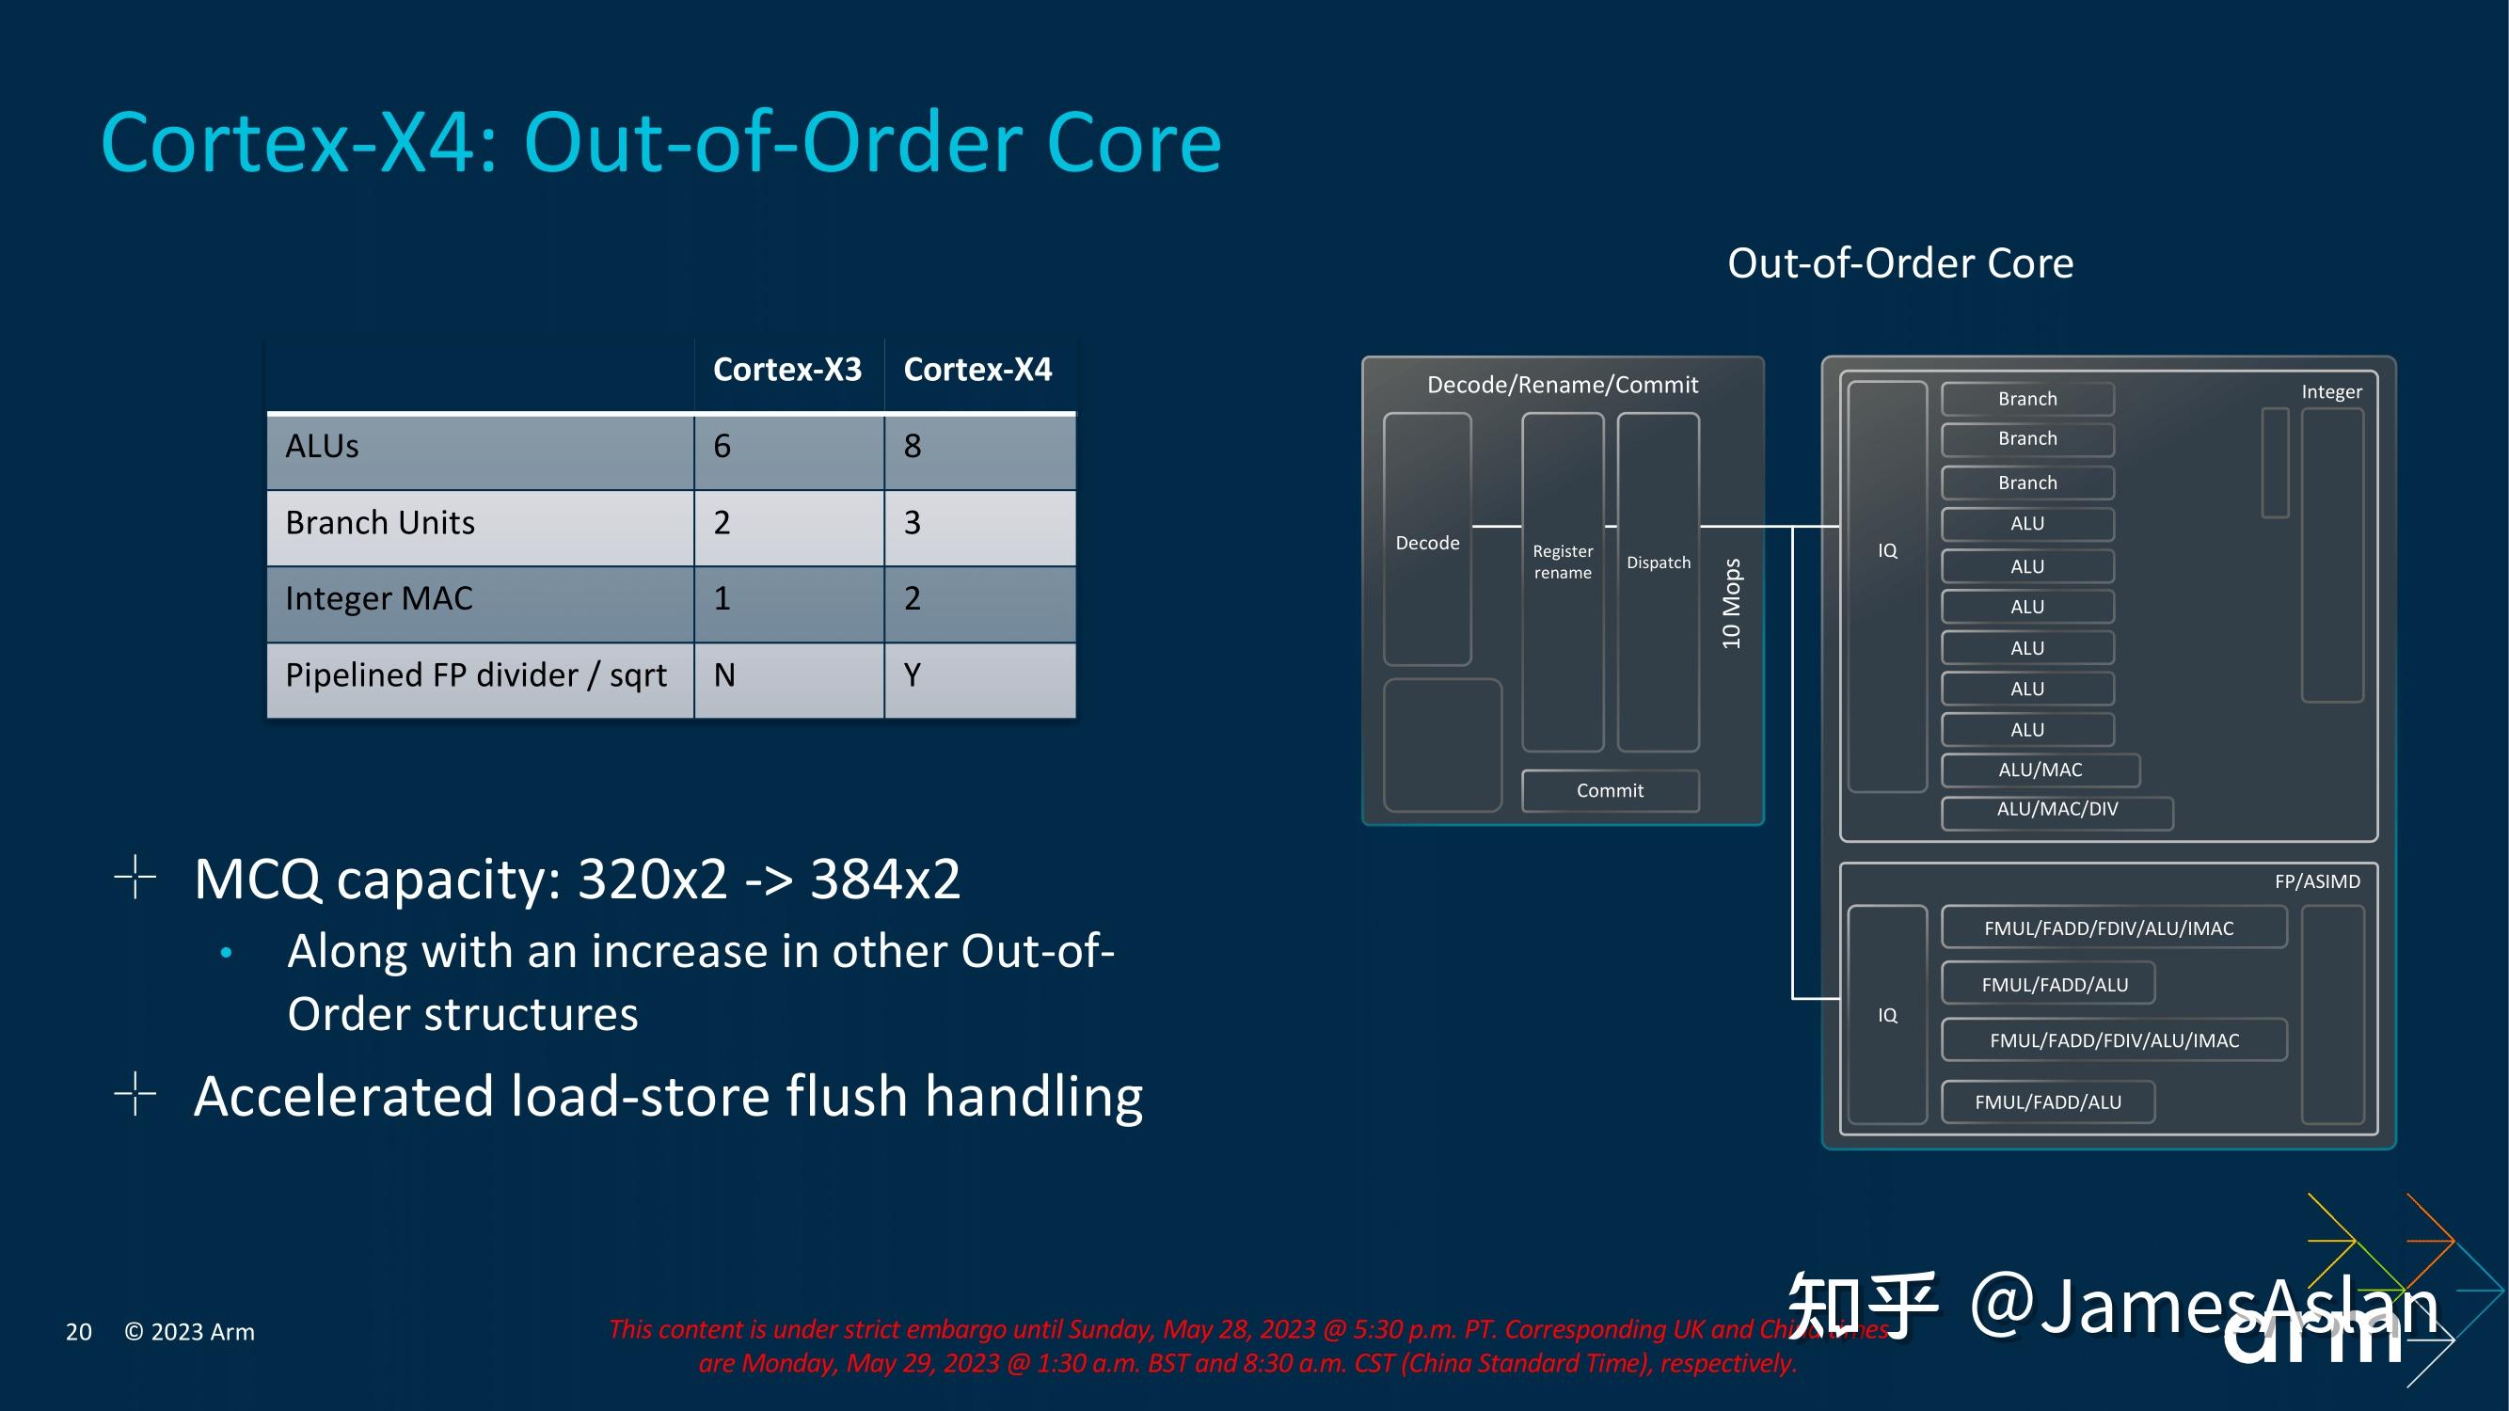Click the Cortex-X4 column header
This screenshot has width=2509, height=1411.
point(977,370)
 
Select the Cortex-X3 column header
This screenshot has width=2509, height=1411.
point(787,370)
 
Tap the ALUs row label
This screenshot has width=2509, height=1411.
point(323,446)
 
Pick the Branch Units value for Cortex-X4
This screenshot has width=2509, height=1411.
point(913,523)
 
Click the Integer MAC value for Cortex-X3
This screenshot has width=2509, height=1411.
point(722,598)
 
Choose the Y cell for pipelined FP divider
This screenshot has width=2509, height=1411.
point(913,674)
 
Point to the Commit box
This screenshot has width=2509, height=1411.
point(1609,791)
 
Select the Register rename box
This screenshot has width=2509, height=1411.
point(1563,563)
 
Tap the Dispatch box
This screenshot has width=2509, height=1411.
point(1658,563)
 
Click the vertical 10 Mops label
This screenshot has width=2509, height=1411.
point(1731,604)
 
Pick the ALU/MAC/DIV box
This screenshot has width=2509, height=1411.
point(2056,810)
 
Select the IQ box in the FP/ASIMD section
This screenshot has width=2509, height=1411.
point(1886,1015)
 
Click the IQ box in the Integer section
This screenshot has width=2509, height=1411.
point(1886,551)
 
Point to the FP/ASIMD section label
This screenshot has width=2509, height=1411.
point(2316,881)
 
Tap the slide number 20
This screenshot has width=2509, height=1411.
point(79,1332)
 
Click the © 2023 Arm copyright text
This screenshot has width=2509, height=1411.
point(190,1332)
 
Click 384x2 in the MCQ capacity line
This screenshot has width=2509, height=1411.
point(884,880)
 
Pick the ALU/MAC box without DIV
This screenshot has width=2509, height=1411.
point(2040,770)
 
